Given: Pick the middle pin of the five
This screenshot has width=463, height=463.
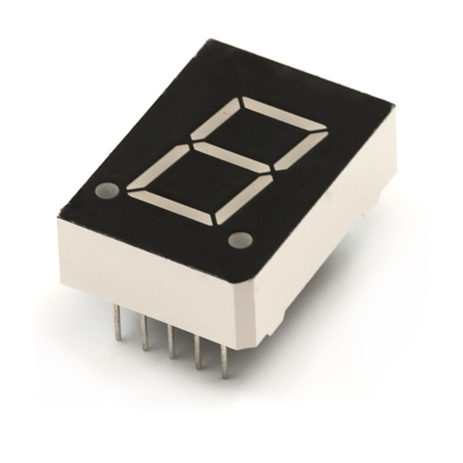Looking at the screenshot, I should pyautogui.click(x=172, y=343).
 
